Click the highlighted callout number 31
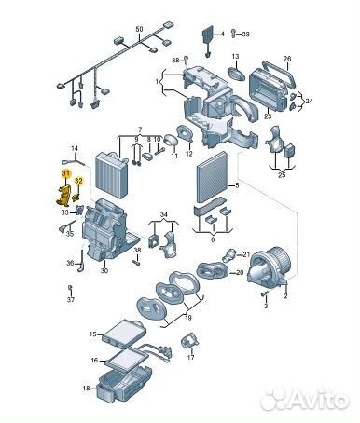pos(66,173)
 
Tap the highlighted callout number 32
pos(79,181)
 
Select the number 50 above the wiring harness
pos(139,29)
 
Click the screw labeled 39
pos(234,33)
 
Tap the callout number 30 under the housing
pos(104,270)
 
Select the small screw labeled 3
pos(265,293)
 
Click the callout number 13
pos(235,57)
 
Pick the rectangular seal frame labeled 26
pos(279,74)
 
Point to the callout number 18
pos(87,389)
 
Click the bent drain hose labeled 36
pos(80,260)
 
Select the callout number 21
pos(246,254)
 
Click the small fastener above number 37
pos(70,288)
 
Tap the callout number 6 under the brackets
pos(213,239)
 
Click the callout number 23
pos(268,116)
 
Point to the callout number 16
pos(94,361)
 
